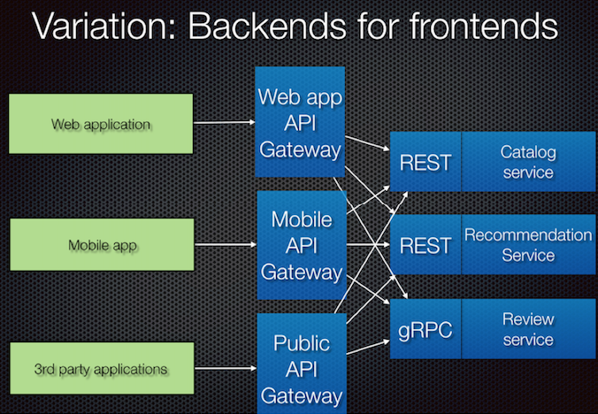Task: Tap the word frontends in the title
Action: [x=484, y=26]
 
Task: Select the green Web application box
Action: [x=101, y=124]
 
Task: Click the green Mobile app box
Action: [x=102, y=245]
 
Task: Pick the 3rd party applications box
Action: [x=102, y=368]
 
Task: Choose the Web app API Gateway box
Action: [x=300, y=122]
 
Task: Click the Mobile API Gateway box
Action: [x=302, y=245]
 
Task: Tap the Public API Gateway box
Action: [x=302, y=364]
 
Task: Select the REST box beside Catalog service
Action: [x=425, y=162]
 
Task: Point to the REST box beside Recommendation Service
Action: [x=425, y=245]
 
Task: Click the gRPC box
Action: [x=425, y=329]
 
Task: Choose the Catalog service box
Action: [x=529, y=162]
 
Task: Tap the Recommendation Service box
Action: [x=529, y=245]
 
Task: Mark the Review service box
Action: [x=529, y=329]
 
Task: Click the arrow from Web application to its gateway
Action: [x=225, y=122]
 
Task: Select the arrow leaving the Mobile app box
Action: [x=226, y=244]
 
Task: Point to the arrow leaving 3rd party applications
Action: [x=226, y=368]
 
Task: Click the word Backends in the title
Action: [x=267, y=26]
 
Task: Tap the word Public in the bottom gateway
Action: [x=302, y=343]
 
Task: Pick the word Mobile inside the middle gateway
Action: [x=302, y=219]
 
